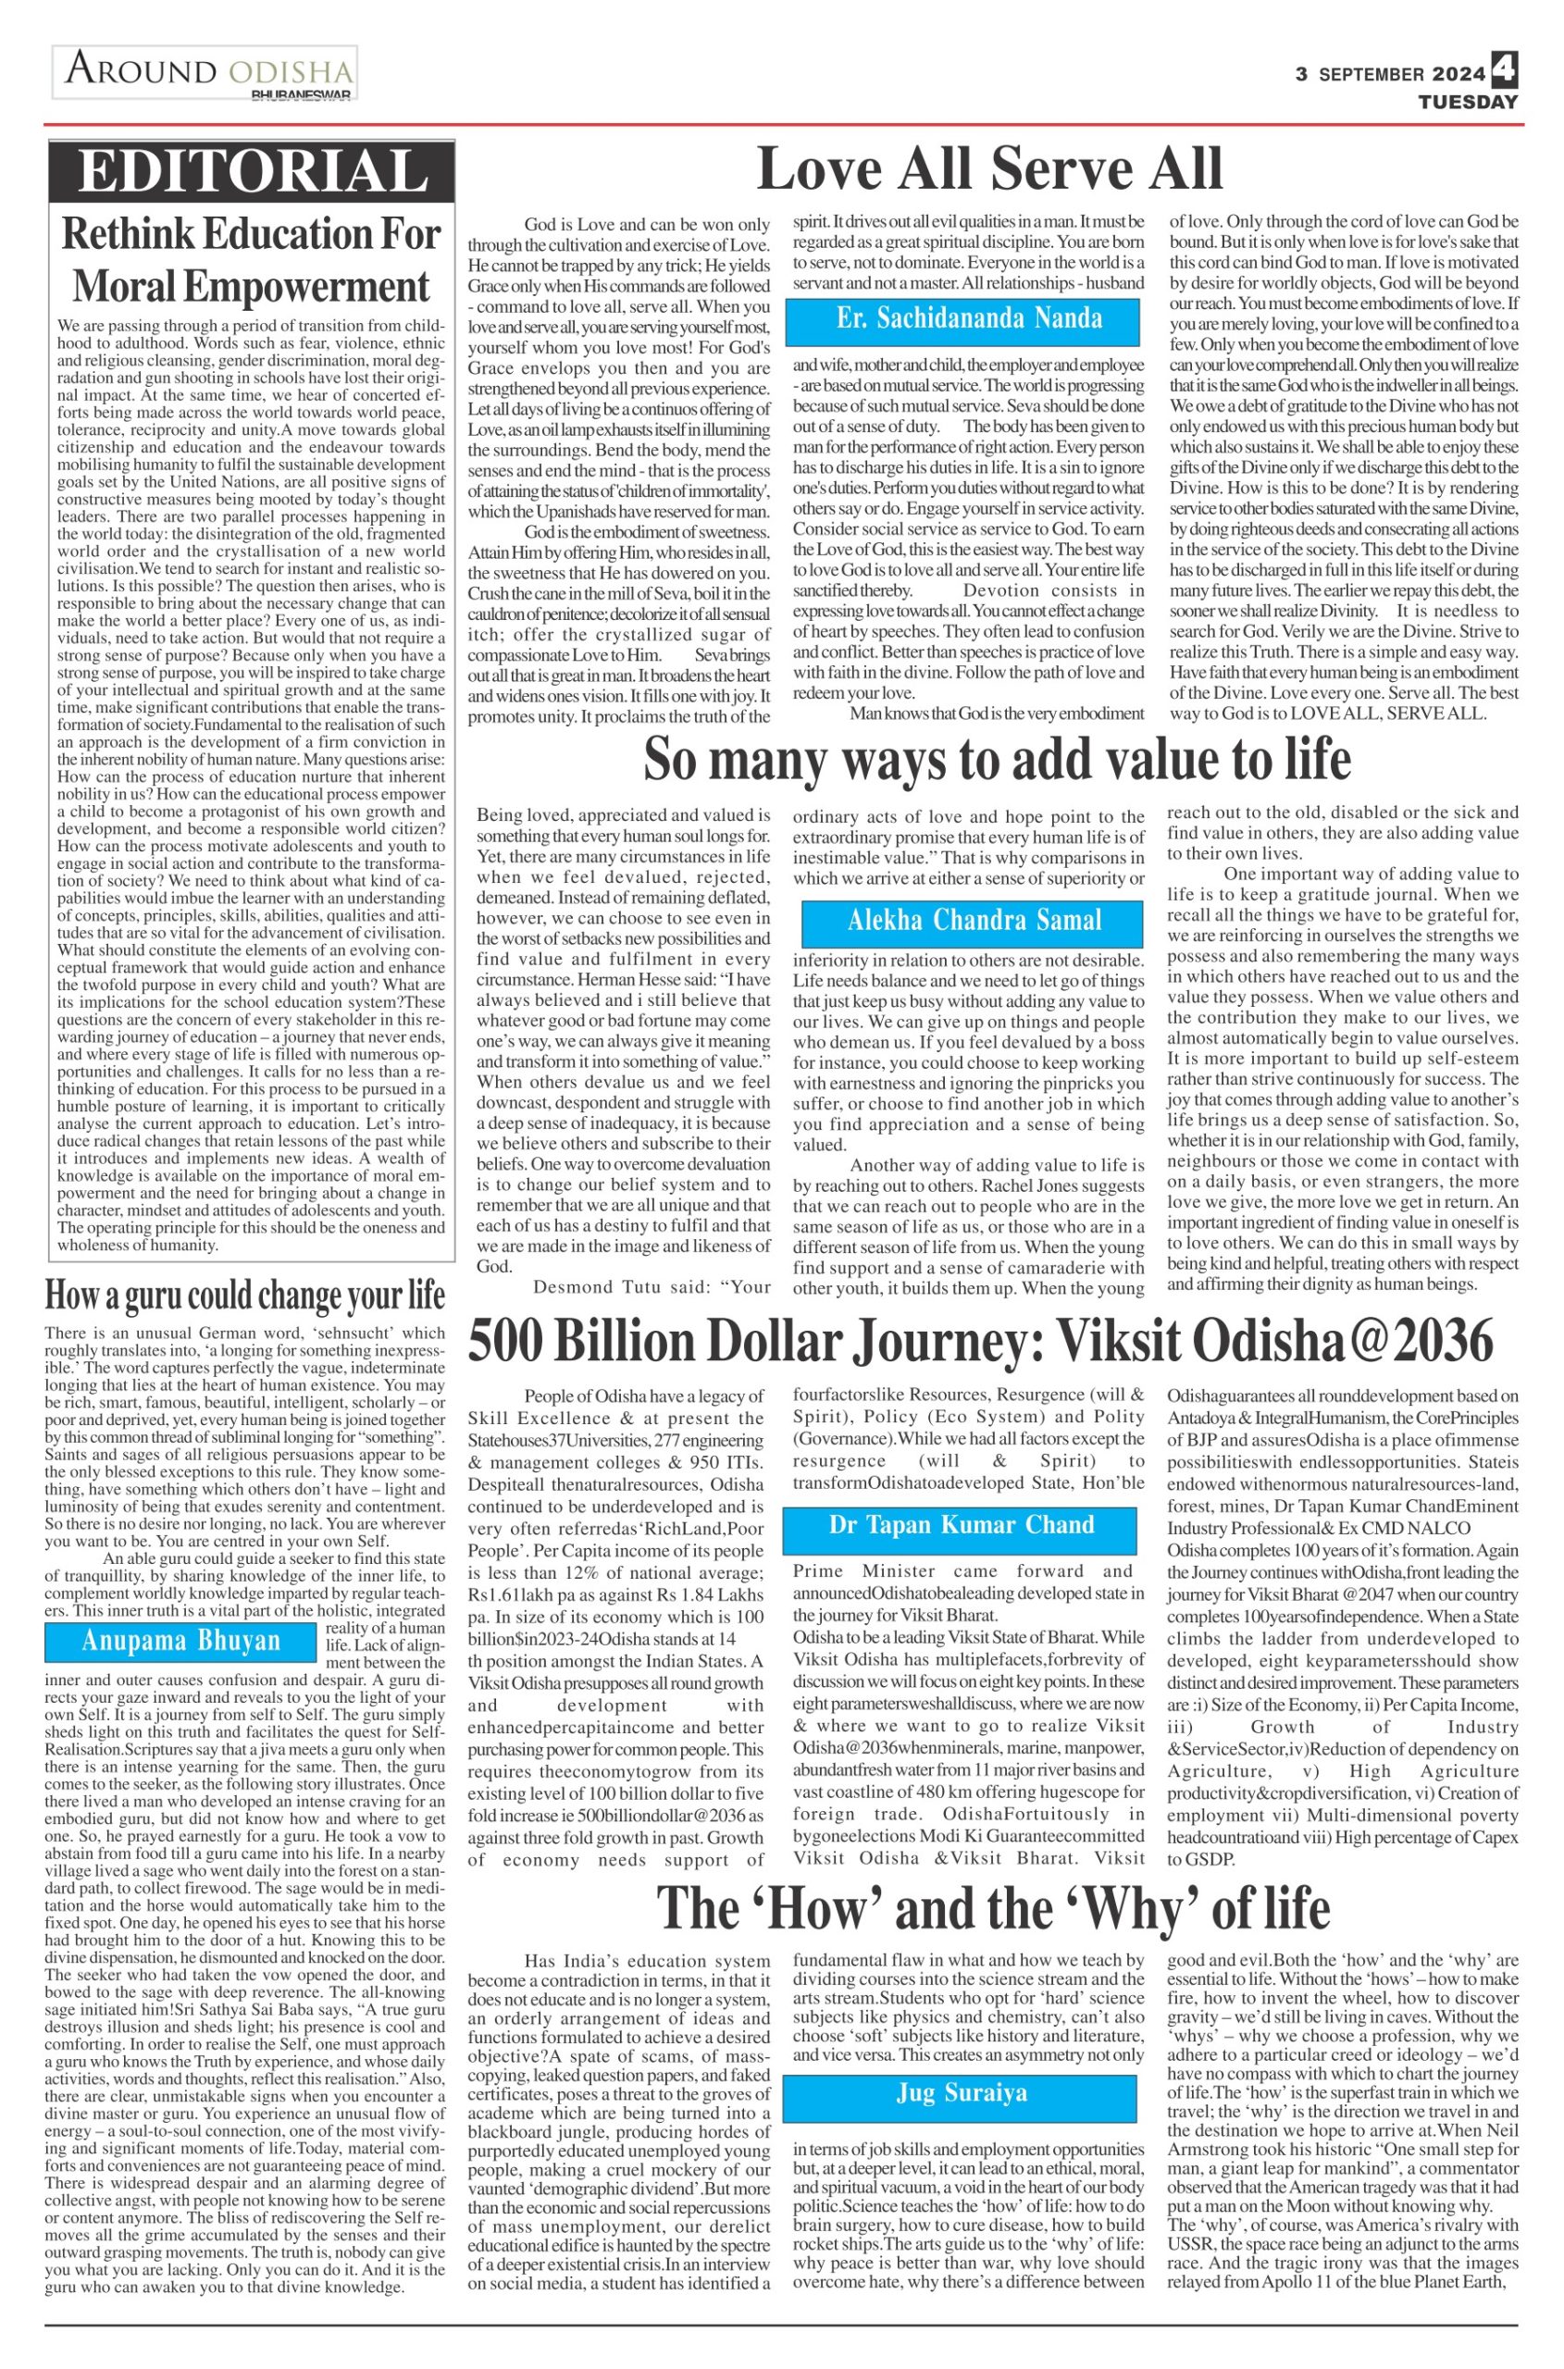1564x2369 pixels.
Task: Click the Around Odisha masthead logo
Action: (x=204, y=72)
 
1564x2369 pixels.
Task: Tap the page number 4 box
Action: (x=1504, y=72)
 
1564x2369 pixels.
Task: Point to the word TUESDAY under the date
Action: (x=1469, y=102)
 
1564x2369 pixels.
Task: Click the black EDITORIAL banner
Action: (x=253, y=171)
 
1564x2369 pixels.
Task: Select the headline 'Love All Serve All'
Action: (x=989, y=168)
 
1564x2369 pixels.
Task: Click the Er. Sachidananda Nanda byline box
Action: (x=962, y=319)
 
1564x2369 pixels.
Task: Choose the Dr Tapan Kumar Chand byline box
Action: (x=960, y=1525)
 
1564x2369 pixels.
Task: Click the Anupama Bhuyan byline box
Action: (x=180, y=1641)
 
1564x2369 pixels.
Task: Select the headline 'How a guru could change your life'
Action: (x=245, y=1296)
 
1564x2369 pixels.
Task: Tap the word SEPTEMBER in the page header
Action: (x=1372, y=75)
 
